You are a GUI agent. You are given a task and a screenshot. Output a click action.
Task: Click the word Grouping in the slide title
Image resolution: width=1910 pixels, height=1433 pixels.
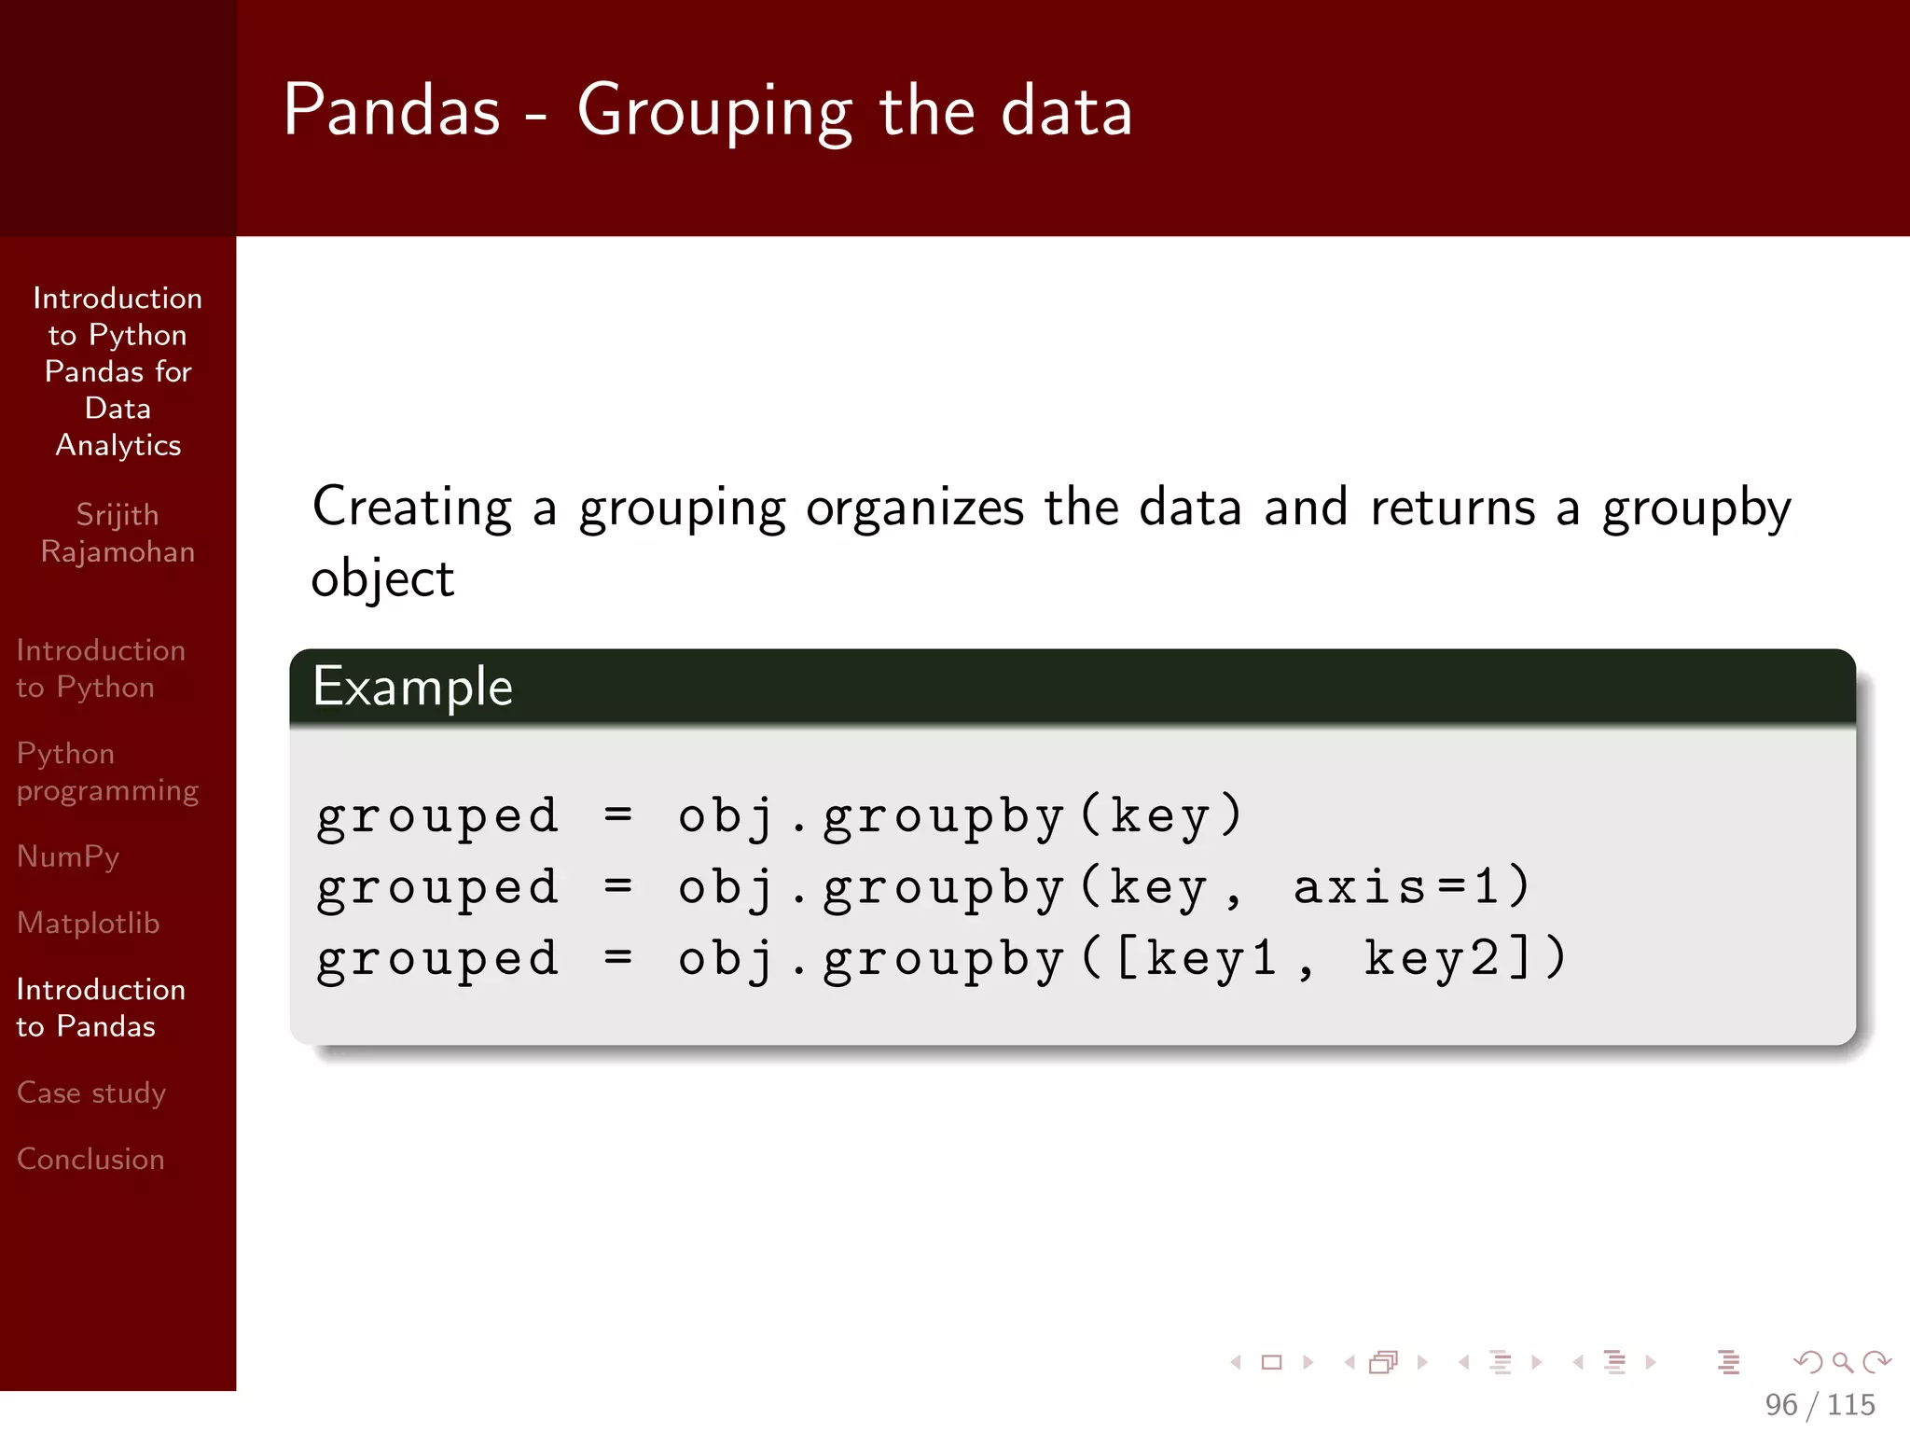click(714, 112)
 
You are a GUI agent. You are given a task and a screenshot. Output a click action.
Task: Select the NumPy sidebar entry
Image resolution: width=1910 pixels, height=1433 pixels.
click(68, 856)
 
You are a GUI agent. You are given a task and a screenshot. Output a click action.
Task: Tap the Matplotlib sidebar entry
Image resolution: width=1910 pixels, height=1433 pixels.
click(89, 923)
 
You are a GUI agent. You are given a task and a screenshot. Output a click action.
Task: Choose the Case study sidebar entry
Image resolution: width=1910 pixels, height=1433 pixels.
click(91, 1092)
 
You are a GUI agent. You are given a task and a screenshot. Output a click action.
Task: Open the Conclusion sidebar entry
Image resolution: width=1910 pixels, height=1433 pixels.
click(90, 1159)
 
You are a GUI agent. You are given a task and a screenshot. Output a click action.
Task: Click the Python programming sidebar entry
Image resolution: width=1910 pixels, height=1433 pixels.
click(107, 772)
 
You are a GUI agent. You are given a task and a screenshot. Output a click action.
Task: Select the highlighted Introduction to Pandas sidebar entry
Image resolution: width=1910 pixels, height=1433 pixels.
click(101, 1008)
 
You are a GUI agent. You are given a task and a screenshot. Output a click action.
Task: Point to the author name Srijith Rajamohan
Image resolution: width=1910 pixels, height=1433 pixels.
click(118, 533)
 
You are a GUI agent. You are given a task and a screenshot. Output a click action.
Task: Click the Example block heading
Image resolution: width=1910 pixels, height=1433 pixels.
click(413, 687)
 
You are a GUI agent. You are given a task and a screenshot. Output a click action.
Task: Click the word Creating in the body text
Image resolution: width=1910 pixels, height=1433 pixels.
click(412, 508)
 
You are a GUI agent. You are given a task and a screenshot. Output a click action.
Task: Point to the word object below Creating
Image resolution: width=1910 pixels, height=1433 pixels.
click(382, 579)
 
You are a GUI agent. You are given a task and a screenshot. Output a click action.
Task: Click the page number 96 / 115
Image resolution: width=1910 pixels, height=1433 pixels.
click(1820, 1404)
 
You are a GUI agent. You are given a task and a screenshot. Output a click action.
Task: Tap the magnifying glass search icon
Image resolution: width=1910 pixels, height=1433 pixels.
click(1842, 1362)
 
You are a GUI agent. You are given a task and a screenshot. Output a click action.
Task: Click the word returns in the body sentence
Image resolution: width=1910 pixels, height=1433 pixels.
click(1452, 508)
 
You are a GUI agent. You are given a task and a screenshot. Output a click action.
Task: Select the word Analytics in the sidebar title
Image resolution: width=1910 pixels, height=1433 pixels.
click(118, 445)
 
